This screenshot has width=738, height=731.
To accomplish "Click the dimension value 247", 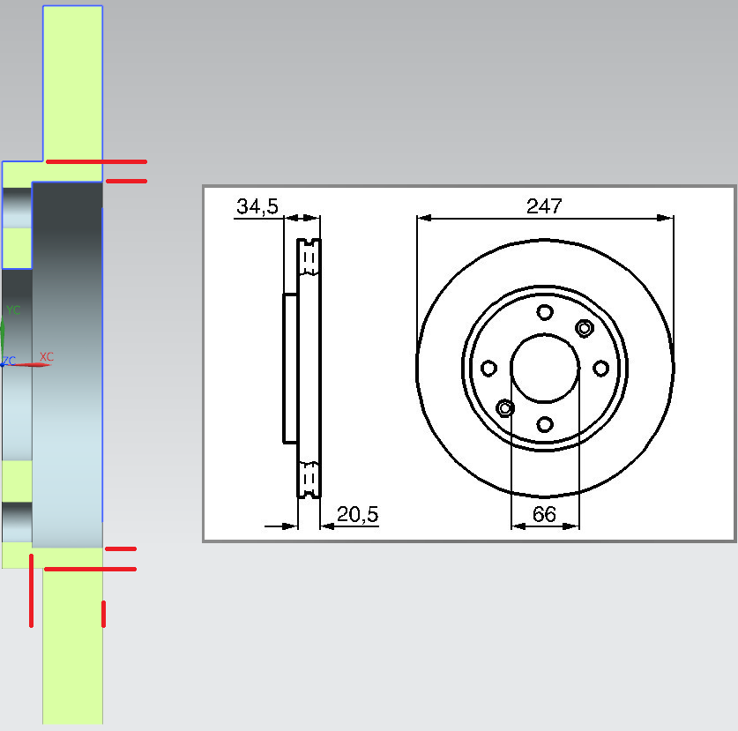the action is tap(544, 206).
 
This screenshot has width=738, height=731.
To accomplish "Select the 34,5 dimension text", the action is tap(257, 206).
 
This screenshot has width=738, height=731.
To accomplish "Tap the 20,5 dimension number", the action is tap(357, 514).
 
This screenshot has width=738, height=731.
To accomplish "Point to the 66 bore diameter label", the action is tap(545, 514).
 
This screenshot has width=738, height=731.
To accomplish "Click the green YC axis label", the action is tap(13, 310).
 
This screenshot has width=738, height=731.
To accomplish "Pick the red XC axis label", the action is tap(46, 357).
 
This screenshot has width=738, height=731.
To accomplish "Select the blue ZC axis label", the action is tap(9, 361).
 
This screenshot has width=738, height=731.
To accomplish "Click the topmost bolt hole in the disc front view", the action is tap(545, 312).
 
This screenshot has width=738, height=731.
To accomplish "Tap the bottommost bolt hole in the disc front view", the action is tap(545, 424).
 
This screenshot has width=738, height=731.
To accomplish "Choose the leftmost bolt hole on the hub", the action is tap(488, 368).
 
